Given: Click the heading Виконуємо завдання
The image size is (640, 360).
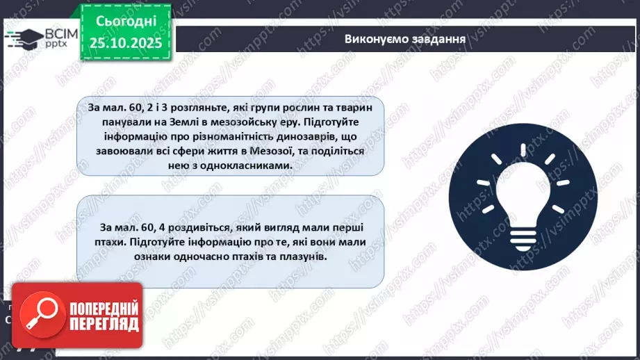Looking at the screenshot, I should pos(404,38).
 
